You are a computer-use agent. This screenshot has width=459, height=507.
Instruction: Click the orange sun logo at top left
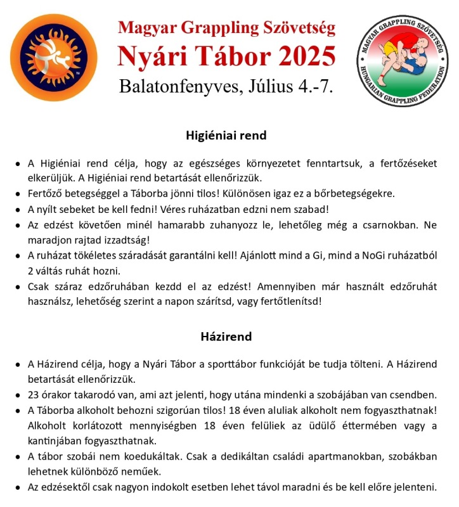(x=54, y=58)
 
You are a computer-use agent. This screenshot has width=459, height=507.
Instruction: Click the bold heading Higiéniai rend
(x=226, y=136)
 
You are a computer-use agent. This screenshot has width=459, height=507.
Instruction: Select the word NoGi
(x=370, y=256)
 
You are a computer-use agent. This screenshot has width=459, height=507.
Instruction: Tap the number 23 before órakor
(x=33, y=395)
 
